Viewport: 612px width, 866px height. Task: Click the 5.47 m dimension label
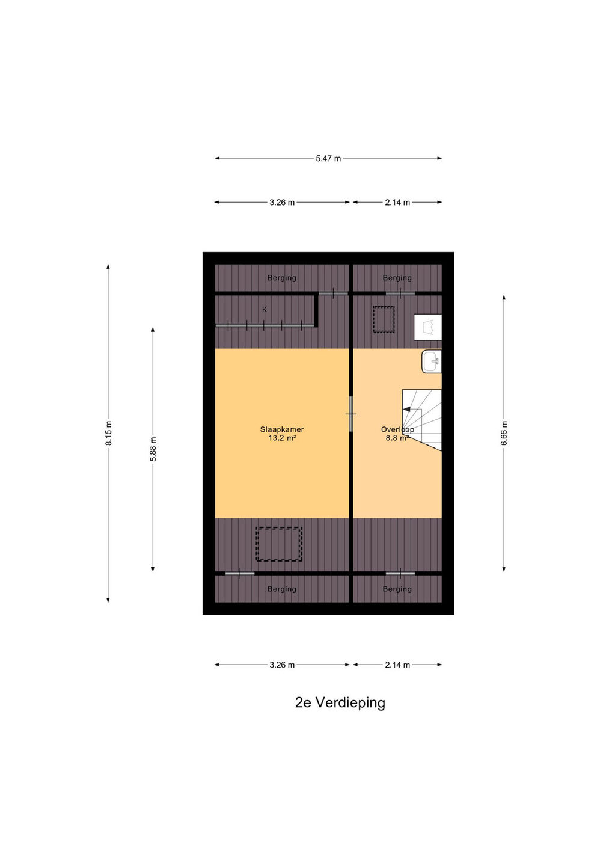(x=328, y=159)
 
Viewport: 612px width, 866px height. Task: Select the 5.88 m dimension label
(x=153, y=449)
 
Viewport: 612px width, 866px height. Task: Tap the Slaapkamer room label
(x=282, y=429)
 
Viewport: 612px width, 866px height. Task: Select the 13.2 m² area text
(x=282, y=438)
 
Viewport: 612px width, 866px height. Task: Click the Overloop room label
(x=397, y=429)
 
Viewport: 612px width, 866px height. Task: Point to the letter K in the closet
(x=265, y=309)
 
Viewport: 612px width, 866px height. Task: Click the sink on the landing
(x=432, y=361)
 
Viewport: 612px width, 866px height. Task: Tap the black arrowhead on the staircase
(x=407, y=409)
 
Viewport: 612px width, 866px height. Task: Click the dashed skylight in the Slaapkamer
(x=278, y=544)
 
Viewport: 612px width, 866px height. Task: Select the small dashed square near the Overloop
(x=384, y=319)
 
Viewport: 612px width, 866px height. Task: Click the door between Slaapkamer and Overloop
(x=351, y=414)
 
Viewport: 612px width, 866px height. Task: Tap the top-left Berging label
(x=282, y=278)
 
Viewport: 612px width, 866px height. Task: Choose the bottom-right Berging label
(x=397, y=589)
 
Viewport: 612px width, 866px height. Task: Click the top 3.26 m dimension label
(x=282, y=203)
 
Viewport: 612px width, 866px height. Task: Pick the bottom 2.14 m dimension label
(x=397, y=665)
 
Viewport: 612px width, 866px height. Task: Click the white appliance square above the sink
(x=427, y=327)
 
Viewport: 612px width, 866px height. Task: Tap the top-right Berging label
(x=397, y=278)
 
